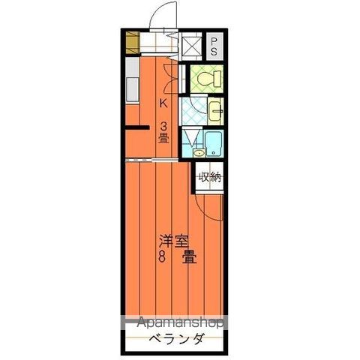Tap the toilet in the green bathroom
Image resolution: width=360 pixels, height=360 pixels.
[x=204, y=79]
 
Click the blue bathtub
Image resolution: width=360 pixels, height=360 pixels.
[x=214, y=142]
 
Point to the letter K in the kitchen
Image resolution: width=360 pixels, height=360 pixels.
[x=163, y=103]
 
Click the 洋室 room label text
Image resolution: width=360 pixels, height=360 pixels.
[x=174, y=241]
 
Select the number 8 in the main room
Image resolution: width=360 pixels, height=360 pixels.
[x=163, y=257]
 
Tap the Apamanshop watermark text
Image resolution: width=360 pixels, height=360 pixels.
[x=179, y=323]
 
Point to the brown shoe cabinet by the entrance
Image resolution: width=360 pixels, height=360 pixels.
[x=133, y=42]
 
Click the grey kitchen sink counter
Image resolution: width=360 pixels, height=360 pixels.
[x=132, y=82]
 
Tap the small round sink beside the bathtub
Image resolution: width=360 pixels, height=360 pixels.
[x=199, y=153]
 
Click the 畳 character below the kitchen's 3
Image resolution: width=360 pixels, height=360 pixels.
[x=163, y=138]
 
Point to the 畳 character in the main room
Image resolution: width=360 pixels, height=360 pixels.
[x=189, y=257]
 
